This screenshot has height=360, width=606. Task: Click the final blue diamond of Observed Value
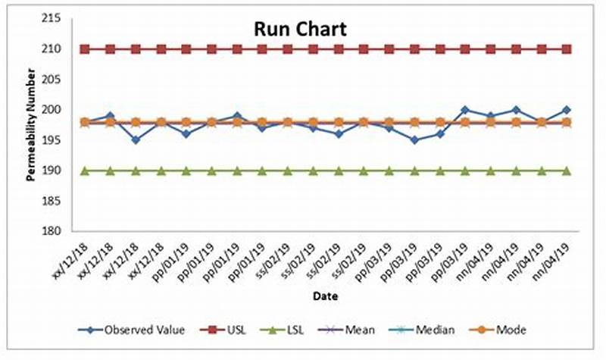click(x=567, y=110)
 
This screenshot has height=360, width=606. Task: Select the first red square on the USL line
click(x=85, y=49)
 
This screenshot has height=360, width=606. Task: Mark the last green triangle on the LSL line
click(x=567, y=171)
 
